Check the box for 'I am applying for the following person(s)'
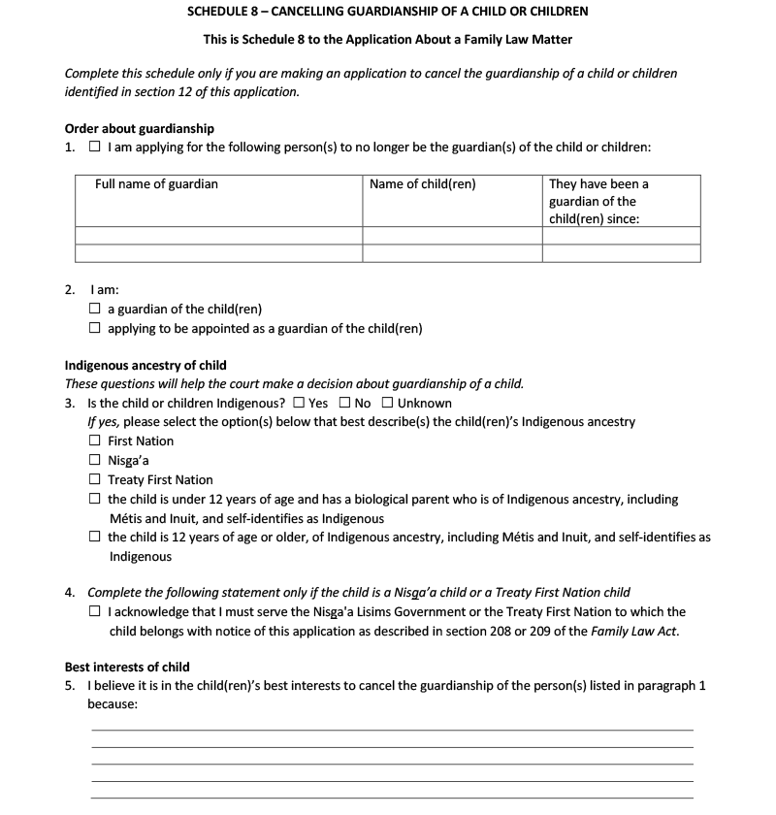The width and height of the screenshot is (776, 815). (x=94, y=147)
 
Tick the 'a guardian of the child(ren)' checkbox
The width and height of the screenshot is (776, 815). (x=94, y=310)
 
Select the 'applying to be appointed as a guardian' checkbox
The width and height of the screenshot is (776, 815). (x=94, y=329)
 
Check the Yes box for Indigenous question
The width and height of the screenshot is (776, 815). (x=299, y=404)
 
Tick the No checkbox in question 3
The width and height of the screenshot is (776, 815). (x=345, y=404)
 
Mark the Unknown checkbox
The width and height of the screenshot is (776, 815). (x=387, y=404)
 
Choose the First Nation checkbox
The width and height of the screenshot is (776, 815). (x=94, y=441)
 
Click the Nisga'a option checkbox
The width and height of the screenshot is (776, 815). (x=94, y=461)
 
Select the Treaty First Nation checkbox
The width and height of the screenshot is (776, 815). (x=94, y=480)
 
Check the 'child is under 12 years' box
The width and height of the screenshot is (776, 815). (x=94, y=500)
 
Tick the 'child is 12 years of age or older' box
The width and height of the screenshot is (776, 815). (x=94, y=538)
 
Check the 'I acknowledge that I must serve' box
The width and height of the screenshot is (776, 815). (x=94, y=612)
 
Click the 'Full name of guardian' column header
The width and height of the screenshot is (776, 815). (x=156, y=184)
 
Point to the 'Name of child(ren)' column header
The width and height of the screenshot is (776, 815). (x=423, y=184)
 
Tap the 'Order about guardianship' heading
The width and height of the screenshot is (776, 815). (x=140, y=128)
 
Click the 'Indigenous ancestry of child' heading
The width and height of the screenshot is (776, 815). (x=145, y=366)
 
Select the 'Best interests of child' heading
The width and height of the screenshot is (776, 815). (x=127, y=668)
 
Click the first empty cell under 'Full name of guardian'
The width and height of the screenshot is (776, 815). (x=218, y=235)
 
